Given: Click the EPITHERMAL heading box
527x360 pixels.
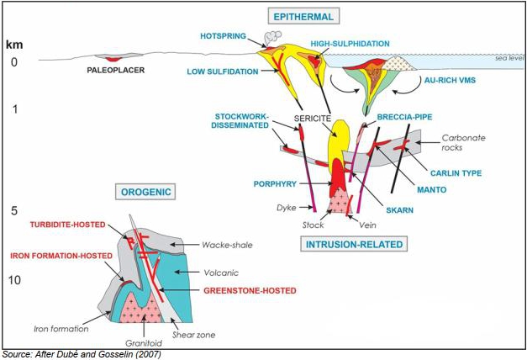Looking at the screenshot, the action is pos(303,17).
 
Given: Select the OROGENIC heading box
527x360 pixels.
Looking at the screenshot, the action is pos(146,192).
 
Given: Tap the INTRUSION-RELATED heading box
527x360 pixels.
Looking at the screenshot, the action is pos(354,244).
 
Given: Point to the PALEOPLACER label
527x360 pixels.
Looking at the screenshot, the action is pos(116,71).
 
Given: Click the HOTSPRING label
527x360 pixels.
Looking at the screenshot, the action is pos(224,36).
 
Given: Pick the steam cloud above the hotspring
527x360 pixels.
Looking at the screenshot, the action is pos(273,38).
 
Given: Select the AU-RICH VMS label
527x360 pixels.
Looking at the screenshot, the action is pos(450,80).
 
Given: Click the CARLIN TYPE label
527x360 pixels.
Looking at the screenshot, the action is pos(456,173).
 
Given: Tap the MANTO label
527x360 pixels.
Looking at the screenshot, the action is pos(431,190).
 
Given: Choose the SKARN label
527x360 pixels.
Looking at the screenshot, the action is pos(399,210).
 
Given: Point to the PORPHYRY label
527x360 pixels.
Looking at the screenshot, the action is pos(275,184).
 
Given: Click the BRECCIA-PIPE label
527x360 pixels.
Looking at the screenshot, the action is pos(404,117).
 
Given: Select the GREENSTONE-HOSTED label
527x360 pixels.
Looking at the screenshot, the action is pos(250,291).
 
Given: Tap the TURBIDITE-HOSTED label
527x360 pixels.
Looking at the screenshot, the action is pos(68,225).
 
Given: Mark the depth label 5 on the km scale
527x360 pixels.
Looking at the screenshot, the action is pos(14,211).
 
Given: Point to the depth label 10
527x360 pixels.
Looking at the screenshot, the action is pos(14,279).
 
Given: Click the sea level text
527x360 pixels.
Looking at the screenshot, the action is pos(509,58).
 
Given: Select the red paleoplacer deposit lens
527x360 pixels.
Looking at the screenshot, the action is pos(113,60).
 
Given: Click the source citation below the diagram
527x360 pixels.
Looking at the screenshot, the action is pos(82,354).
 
